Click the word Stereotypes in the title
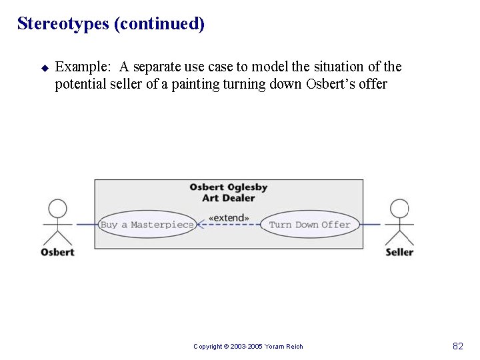click(63, 24)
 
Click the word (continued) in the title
click(159, 24)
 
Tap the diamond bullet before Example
click(45, 67)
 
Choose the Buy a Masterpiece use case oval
click(147, 225)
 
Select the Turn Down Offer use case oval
click(309, 225)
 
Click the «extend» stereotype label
click(229, 217)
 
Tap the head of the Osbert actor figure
click(58, 209)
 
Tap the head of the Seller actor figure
click(399, 209)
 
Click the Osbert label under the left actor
click(57, 252)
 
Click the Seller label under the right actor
click(399, 252)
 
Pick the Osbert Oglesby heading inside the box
click(229, 187)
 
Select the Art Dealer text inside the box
click(229, 198)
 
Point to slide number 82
click(457, 346)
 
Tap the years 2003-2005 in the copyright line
click(248, 347)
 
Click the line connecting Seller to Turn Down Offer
click(371, 225)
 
